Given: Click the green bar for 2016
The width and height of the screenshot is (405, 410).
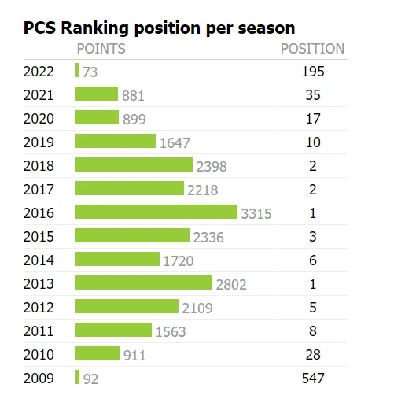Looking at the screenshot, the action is (x=156, y=212).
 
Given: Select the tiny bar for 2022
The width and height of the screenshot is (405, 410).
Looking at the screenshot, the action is (x=77, y=70).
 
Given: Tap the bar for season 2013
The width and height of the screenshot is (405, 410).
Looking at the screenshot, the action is (x=144, y=283).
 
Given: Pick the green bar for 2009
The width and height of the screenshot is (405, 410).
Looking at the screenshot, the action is (x=77, y=377).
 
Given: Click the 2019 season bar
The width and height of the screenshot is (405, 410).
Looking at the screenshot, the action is (x=116, y=141).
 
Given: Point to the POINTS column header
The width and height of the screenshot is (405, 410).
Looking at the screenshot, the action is (x=101, y=49).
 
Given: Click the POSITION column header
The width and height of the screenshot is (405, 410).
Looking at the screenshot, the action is (x=312, y=49).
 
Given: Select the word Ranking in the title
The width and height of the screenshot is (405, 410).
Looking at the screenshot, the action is (x=94, y=28).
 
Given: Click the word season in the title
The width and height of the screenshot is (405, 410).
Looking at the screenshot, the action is (x=267, y=28).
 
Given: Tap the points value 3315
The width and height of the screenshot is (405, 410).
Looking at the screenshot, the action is (x=256, y=213).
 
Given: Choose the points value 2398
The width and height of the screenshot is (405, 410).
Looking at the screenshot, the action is (x=212, y=166).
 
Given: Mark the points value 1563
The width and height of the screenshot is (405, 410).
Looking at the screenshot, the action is (x=171, y=331).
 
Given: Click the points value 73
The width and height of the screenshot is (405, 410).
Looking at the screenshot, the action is (x=90, y=72).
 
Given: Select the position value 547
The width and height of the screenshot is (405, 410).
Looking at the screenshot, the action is (x=313, y=378).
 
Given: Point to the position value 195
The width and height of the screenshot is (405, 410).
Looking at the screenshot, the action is (x=313, y=72).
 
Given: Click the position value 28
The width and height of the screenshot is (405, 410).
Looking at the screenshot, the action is (x=313, y=354).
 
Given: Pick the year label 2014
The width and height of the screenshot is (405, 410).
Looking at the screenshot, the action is (x=39, y=260).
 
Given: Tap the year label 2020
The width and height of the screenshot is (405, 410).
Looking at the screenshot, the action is (x=39, y=119).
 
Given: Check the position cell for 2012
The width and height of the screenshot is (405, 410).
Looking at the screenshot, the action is (x=313, y=307).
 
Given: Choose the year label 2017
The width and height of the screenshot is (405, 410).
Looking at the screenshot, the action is (x=39, y=190).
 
